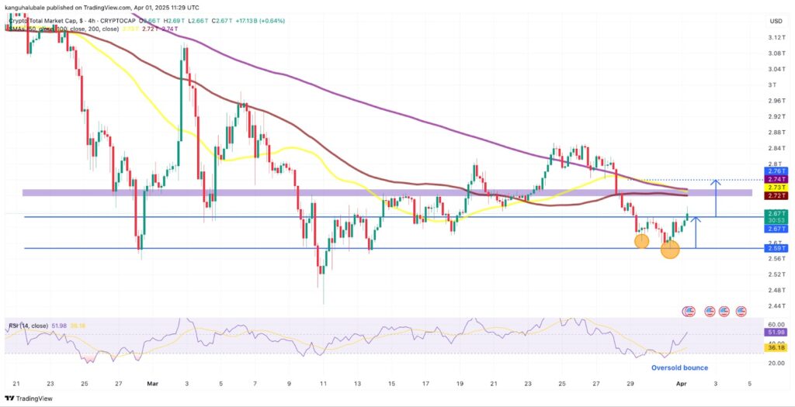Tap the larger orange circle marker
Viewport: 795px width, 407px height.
[670, 249]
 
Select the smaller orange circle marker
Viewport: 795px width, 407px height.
[641, 241]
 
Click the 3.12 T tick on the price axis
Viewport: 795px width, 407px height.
[774, 37]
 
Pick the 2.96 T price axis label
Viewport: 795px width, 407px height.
[774, 101]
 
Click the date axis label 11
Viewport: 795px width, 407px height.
[322, 383]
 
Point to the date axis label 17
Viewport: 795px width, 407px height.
[425, 383]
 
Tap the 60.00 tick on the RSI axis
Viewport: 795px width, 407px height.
[774, 324]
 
